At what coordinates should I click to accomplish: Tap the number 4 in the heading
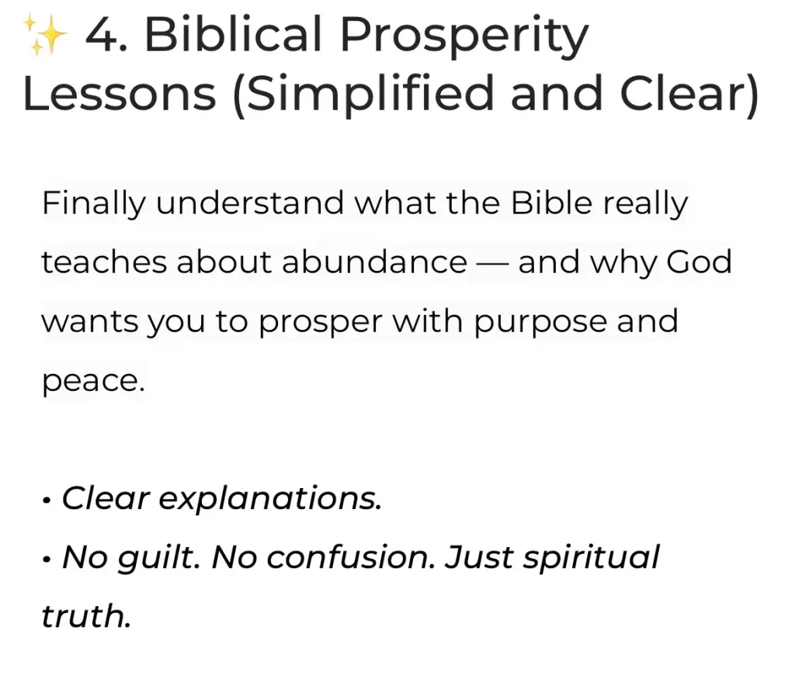click(x=102, y=34)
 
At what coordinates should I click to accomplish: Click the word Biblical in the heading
click(x=233, y=33)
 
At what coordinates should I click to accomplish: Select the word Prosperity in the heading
click(x=464, y=37)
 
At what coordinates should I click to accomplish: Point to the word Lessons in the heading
click(x=120, y=93)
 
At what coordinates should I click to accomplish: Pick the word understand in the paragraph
click(x=249, y=203)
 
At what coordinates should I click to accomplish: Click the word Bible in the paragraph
click(x=551, y=203)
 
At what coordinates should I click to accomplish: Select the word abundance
click(x=374, y=262)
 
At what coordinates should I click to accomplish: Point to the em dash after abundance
click(x=492, y=264)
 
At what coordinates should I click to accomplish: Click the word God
click(x=699, y=262)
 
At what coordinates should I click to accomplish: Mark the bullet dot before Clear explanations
click(x=47, y=501)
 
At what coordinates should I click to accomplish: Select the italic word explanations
click(x=269, y=500)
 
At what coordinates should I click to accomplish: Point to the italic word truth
click(x=86, y=616)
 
